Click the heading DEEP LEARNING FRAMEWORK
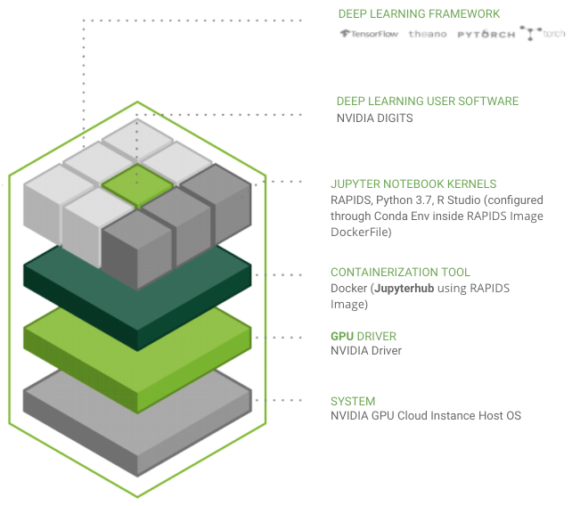click(x=419, y=14)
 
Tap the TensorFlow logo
click(x=368, y=34)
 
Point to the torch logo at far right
click(x=543, y=34)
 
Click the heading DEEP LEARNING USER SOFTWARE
click(x=427, y=102)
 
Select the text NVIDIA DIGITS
click(x=374, y=118)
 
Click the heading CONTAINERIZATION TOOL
click(x=400, y=273)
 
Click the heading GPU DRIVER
click(x=364, y=337)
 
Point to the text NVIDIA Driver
click(x=366, y=351)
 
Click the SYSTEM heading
click(x=353, y=402)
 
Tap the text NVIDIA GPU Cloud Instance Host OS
click(x=425, y=416)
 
